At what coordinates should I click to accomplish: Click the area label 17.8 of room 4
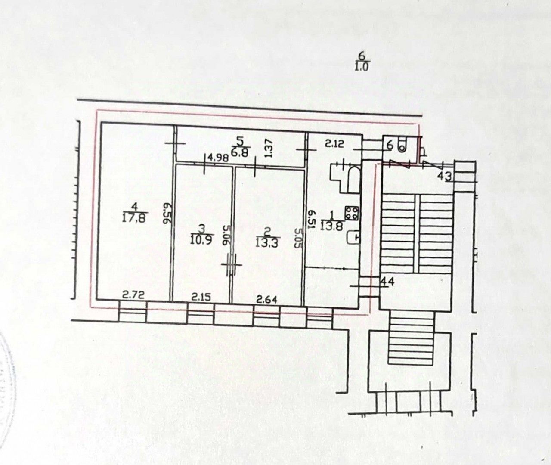tap(135, 218)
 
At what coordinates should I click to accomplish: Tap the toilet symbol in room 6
tap(402, 145)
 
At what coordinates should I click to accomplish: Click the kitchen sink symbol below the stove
tap(353, 237)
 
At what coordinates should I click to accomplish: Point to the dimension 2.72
tap(133, 295)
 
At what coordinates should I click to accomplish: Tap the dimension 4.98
tap(217, 158)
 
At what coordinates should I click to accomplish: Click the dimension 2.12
tap(334, 144)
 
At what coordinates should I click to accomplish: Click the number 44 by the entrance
tap(387, 282)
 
